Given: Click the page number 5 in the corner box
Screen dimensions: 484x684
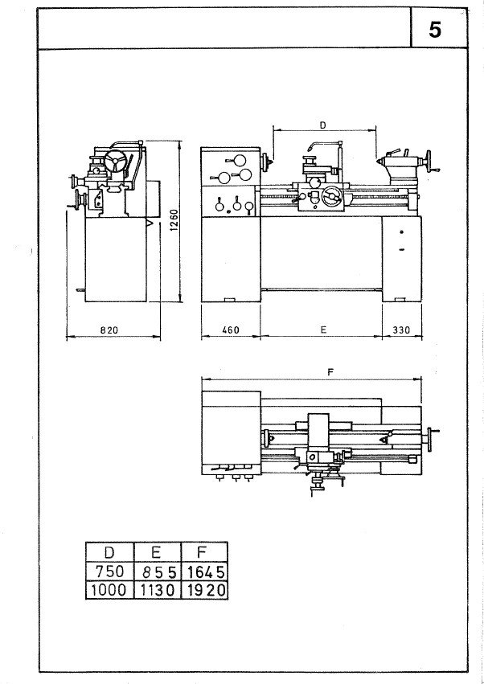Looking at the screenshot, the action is point(435,30).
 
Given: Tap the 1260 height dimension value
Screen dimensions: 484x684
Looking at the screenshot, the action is point(174,220).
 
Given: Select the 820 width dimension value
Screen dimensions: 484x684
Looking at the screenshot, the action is point(109,330).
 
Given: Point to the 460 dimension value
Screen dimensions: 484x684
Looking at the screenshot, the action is point(231,330).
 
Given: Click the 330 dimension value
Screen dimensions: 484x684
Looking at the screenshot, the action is point(401,330).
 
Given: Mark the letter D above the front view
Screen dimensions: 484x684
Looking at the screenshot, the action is point(322,125).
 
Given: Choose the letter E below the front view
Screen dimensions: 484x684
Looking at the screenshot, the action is point(323,330).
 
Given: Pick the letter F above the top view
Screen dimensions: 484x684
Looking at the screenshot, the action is point(330,372).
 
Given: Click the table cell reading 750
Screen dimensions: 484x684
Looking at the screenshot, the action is point(109,571).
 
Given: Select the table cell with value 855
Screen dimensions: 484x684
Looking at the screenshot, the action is point(156,571).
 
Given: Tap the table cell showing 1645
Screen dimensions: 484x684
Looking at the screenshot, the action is point(204,571).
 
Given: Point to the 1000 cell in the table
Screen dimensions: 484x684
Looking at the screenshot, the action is point(109,590).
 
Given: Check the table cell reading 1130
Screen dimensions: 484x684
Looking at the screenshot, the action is point(156,590).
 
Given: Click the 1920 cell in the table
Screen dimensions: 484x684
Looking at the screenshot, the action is point(204,590).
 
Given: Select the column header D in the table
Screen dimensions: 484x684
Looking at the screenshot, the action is point(109,552).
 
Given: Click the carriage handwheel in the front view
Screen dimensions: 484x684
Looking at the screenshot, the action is point(332,196).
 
